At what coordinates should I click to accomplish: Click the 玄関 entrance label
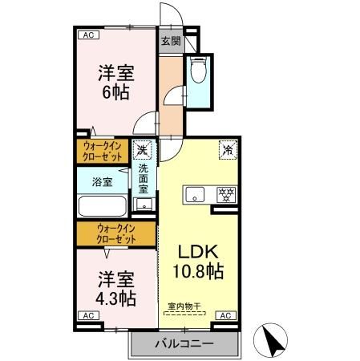pyautogui.click(x=169, y=40)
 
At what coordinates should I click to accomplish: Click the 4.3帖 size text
pyautogui.click(x=116, y=298)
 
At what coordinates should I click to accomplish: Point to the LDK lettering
pyautogui.click(x=195, y=249)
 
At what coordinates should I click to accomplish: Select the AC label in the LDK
pyautogui.click(x=226, y=316)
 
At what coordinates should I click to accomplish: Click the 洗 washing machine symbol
pyautogui.click(x=142, y=149)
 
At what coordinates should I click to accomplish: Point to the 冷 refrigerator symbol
pyautogui.click(x=228, y=148)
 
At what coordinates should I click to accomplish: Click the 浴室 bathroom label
pyautogui.click(x=101, y=182)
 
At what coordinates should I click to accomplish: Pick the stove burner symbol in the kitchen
pyautogui.click(x=227, y=194)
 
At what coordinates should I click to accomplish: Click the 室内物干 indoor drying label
pyautogui.click(x=184, y=305)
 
